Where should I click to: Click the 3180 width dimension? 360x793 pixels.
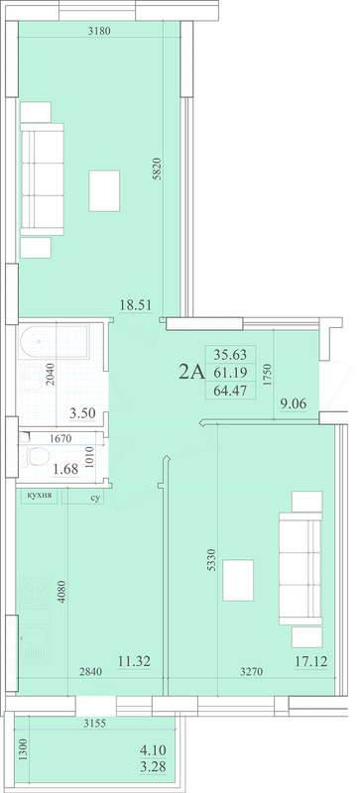(x=99, y=31)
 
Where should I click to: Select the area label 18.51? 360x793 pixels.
(x=136, y=304)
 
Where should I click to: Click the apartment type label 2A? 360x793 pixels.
(x=191, y=373)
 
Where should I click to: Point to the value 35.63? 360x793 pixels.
(x=230, y=354)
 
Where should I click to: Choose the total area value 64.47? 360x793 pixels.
(x=230, y=390)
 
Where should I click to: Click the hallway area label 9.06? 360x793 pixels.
(x=294, y=403)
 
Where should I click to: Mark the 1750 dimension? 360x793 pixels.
(x=269, y=375)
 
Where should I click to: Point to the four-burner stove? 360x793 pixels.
(x=36, y=594)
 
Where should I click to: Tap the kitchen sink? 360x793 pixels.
(x=36, y=644)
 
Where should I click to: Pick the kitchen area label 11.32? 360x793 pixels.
(x=134, y=661)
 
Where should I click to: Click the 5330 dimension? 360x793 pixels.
(x=211, y=560)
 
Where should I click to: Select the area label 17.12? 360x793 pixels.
(x=311, y=660)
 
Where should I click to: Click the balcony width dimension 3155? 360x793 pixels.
(x=94, y=724)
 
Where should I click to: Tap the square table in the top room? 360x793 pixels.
(x=104, y=190)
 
